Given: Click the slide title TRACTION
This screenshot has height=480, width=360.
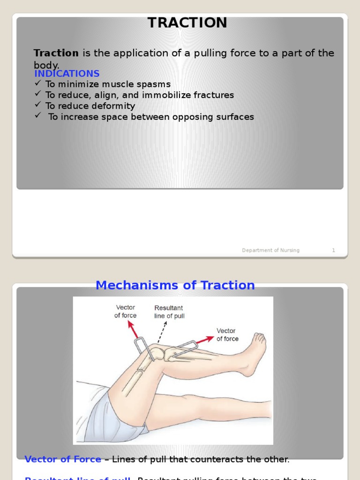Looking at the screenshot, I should click(x=187, y=23).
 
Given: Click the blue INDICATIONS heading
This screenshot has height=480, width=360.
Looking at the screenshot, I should click(x=67, y=74).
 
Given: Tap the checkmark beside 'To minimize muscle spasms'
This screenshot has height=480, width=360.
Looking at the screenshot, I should click(x=38, y=83).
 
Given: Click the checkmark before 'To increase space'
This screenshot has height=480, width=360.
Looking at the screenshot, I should click(x=38, y=116).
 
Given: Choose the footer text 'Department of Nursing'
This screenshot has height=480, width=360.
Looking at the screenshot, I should click(x=270, y=250).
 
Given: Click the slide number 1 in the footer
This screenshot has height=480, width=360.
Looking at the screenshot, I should click(x=333, y=250).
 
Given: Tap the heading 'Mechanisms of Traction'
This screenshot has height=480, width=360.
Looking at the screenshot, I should click(x=175, y=285).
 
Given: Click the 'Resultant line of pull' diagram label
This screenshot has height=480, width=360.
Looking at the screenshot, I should click(x=169, y=312).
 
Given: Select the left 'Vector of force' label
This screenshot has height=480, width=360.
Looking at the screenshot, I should click(x=125, y=312).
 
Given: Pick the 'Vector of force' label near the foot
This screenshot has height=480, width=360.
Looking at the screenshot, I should click(x=227, y=335).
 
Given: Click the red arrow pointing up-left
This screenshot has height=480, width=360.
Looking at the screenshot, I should click(x=133, y=330).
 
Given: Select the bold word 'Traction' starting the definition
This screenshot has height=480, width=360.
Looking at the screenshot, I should click(x=56, y=53).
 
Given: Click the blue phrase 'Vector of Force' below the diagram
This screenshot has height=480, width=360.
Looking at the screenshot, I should click(x=63, y=459).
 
